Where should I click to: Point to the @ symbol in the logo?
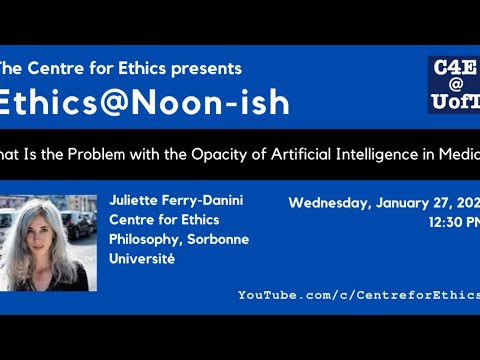click(x=454, y=85)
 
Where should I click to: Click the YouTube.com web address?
click(x=358, y=295)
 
